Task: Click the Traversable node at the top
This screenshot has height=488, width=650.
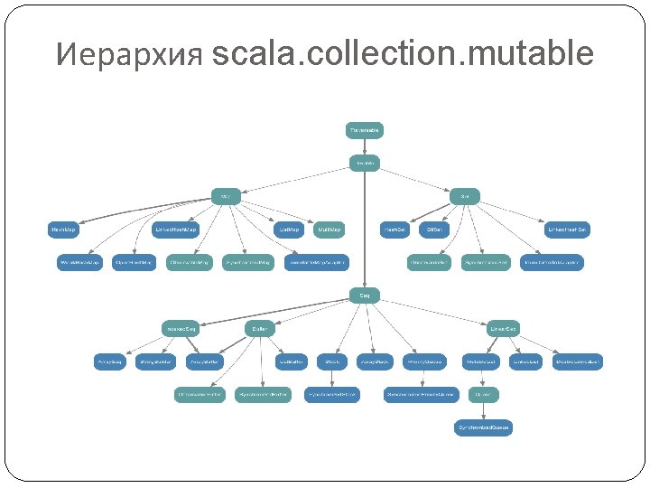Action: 365,130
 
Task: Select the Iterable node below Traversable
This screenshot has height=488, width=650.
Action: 365,164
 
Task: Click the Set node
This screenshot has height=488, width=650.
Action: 464,196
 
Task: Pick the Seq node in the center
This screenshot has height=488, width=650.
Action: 365,295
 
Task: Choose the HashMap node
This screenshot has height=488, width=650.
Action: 63,230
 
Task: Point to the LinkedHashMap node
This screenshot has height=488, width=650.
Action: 175,230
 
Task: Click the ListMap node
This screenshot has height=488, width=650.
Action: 288,230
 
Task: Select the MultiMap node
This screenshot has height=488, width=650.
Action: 330,230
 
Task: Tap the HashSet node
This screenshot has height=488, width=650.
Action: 395,230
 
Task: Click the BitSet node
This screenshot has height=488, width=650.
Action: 433,230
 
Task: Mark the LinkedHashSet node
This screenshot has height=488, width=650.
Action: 569,230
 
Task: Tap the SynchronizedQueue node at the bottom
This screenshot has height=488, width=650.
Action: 483,427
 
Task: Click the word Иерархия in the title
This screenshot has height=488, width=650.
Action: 129,56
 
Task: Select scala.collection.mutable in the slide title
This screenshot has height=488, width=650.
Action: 404,54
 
